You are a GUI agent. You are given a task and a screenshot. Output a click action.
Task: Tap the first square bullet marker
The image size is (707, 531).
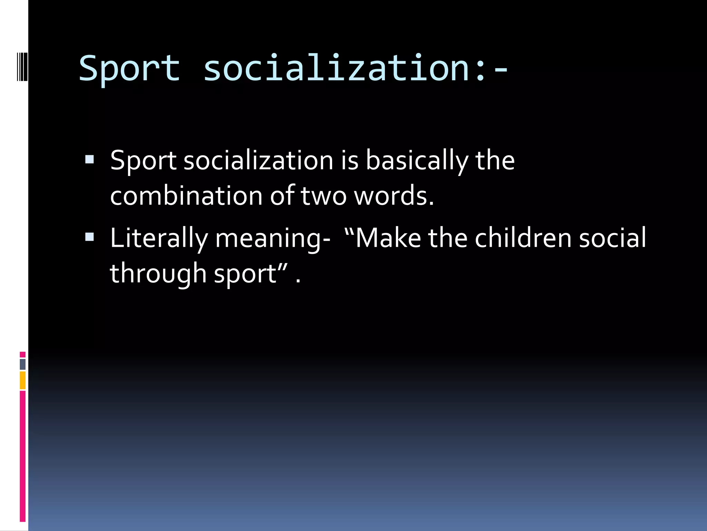pyautogui.click(x=89, y=159)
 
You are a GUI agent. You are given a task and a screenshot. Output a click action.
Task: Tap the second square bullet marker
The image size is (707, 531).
pyautogui.click(x=89, y=237)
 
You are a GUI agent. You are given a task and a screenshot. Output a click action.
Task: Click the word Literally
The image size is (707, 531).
pyautogui.click(x=159, y=238)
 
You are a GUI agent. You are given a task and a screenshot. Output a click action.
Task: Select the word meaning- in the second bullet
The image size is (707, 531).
pyautogui.click(x=273, y=239)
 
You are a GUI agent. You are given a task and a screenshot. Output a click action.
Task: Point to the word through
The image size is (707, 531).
pyautogui.click(x=158, y=273)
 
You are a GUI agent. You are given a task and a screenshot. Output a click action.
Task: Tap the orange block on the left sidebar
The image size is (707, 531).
pyautogui.click(x=23, y=380)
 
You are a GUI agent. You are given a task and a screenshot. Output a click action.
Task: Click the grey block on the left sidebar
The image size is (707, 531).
pyautogui.click(x=23, y=364)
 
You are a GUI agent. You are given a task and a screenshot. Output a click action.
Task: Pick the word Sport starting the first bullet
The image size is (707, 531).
pyautogui.click(x=143, y=160)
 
